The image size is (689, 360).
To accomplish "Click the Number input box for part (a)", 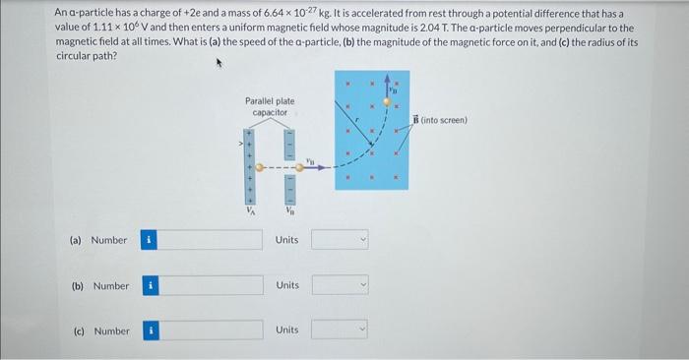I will point(210,239).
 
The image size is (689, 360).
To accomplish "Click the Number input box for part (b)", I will point(210,285).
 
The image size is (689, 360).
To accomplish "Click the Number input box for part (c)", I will point(210,330).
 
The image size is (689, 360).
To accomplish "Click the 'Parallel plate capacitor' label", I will point(269,107).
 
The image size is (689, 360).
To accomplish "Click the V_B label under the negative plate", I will point(289,210).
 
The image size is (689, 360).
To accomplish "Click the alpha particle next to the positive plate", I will point(260,167).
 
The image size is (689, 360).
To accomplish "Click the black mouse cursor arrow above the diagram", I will point(219,64).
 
